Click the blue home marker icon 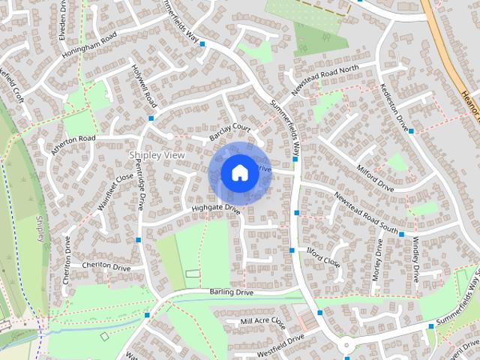point(238,172)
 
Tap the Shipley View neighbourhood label point(157,154)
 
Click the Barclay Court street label point(230,131)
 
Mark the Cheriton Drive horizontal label point(106,267)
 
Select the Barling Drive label point(232,292)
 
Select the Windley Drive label point(415,259)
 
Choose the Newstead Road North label point(325,79)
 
